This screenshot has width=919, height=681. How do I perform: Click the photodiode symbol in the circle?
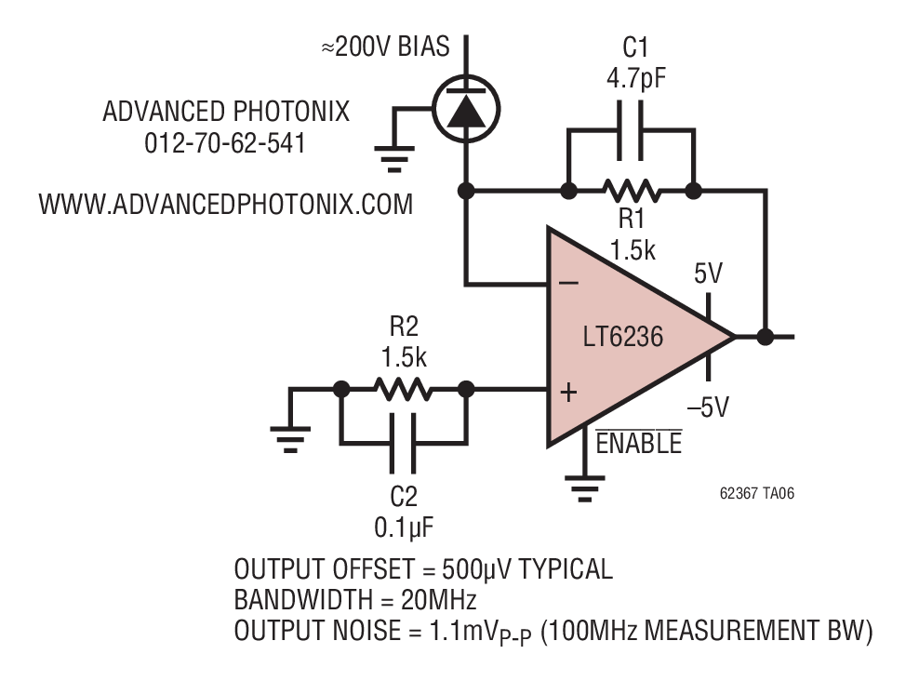pyautogui.click(x=466, y=109)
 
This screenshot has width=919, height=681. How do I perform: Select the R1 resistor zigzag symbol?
pyautogui.click(x=632, y=191)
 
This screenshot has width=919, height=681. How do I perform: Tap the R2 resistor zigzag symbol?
pyautogui.click(x=404, y=389)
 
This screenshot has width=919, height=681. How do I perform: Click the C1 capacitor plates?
pyautogui.click(x=631, y=130)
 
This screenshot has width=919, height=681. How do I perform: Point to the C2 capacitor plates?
pyautogui.click(x=404, y=443)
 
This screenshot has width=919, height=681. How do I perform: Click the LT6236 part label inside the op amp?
pyautogui.click(x=623, y=337)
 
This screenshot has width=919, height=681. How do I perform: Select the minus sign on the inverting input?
pyautogui.click(x=568, y=284)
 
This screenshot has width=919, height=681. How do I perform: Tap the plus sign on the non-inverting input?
pyautogui.click(x=568, y=392)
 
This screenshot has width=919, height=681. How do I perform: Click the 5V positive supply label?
pyautogui.click(x=709, y=274)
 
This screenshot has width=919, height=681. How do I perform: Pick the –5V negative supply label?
pyautogui.click(x=708, y=407)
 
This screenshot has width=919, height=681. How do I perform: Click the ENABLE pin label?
pyautogui.click(x=639, y=443)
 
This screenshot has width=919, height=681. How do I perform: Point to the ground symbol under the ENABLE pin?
pyautogui.click(x=584, y=488)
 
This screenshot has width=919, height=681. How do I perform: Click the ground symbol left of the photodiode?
pyautogui.click(x=394, y=159)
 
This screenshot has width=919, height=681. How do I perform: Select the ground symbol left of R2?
pyautogui.click(x=290, y=439)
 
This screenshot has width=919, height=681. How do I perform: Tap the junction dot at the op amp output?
pyautogui.click(x=765, y=337)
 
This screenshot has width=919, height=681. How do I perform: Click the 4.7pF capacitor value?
pyautogui.click(x=636, y=78)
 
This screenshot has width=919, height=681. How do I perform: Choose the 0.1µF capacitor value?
pyautogui.click(x=404, y=527)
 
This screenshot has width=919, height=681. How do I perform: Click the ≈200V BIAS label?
pyautogui.click(x=386, y=47)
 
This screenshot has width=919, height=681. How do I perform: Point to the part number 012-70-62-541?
pyautogui.click(x=225, y=143)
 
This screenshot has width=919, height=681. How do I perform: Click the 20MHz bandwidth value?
pyautogui.click(x=439, y=599)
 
